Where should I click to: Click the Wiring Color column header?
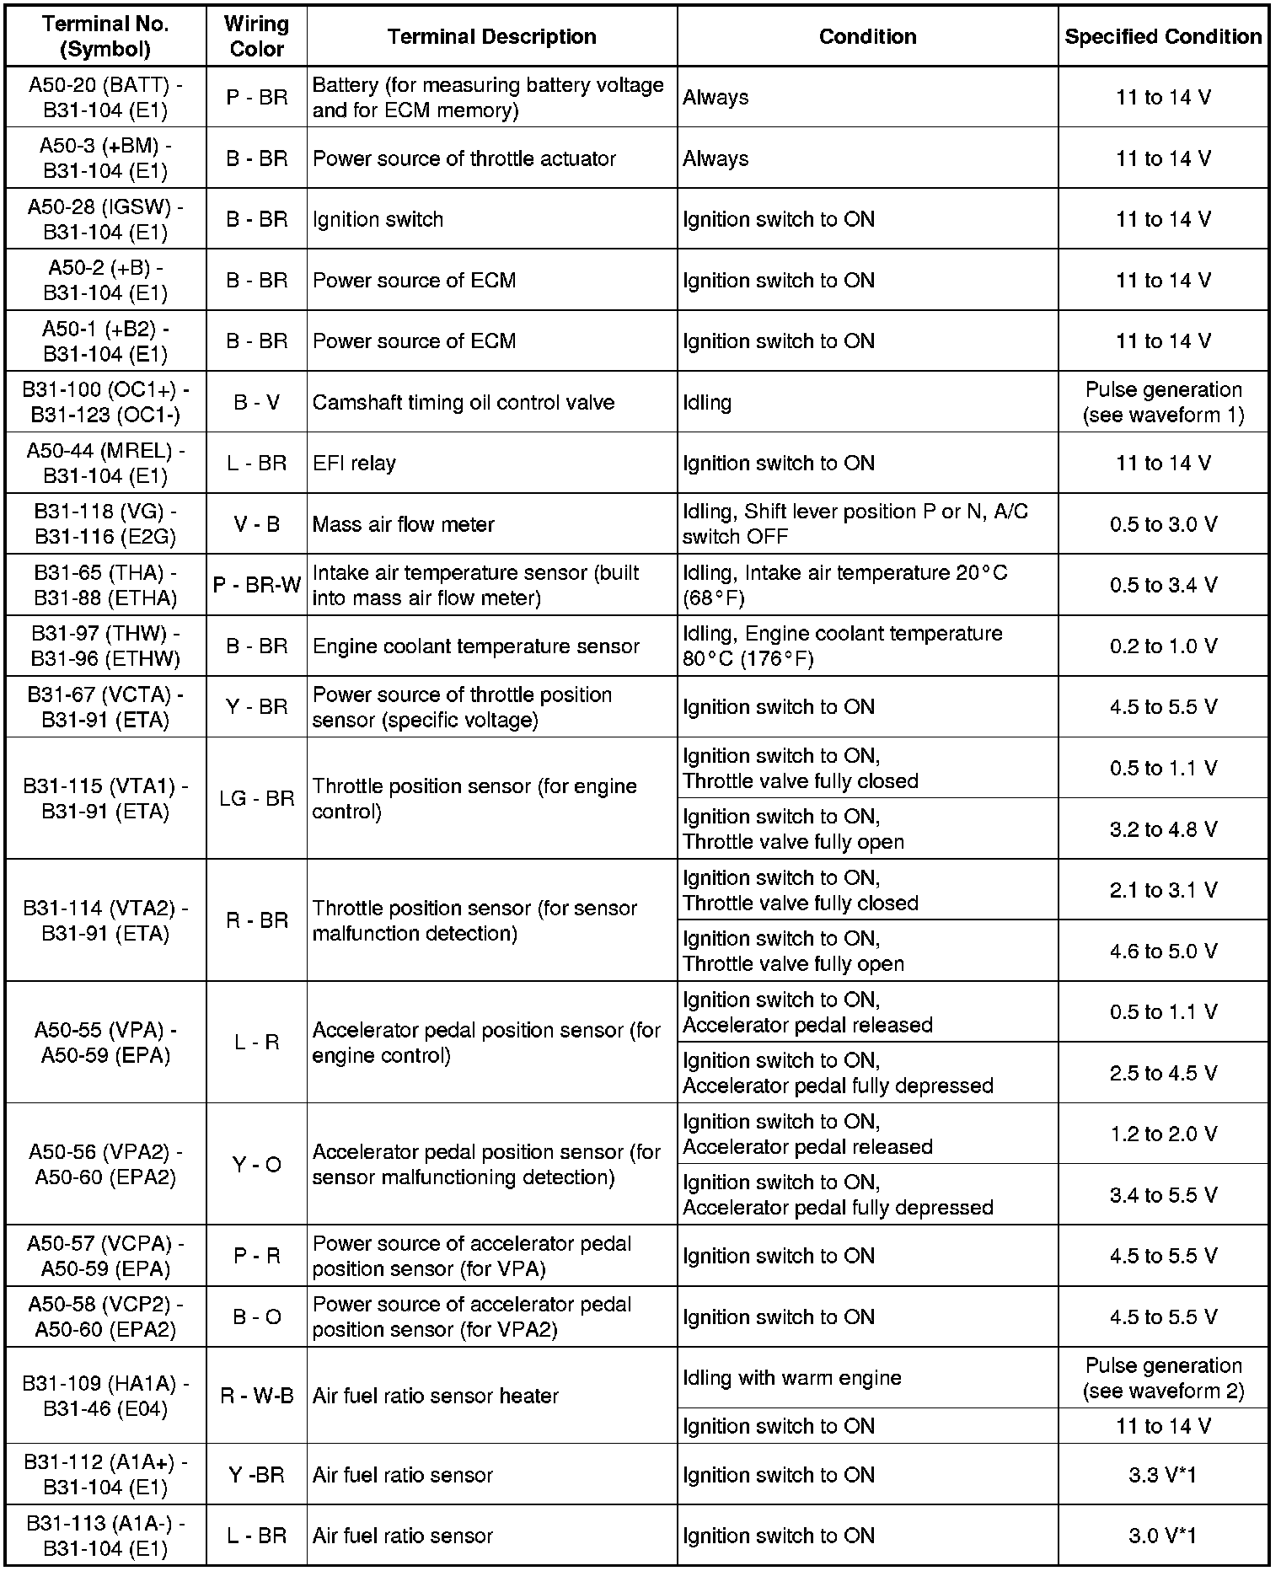256,36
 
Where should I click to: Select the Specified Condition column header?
1163,36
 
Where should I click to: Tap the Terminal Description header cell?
492,36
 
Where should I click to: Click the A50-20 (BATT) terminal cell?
105,97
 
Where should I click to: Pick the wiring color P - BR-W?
256,585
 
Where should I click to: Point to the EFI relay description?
354,463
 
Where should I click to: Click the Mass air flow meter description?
403,524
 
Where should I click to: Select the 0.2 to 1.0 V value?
1163,646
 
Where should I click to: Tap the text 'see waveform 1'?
1163,415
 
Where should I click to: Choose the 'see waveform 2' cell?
1163,1391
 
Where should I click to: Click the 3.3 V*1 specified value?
1163,1475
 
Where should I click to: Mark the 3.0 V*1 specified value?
1163,1536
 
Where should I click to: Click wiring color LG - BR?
256,798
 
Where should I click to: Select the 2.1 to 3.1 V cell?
1163,890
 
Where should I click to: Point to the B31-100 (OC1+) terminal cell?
105,402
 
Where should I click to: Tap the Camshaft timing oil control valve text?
463,402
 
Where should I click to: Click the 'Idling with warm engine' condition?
791,1378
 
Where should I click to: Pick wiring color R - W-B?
256,1396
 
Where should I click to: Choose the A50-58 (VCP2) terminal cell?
105,1316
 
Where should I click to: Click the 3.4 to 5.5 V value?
1163,1195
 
